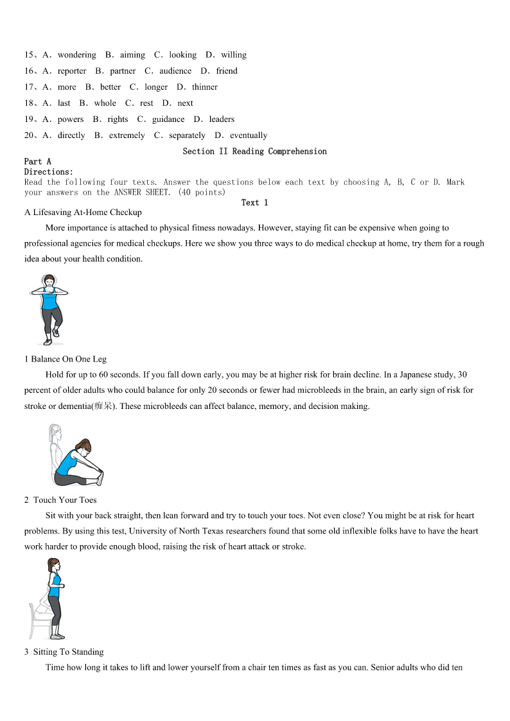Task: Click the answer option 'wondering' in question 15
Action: pyautogui.click(x=76, y=55)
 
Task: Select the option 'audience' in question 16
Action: pyautogui.click(x=175, y=71)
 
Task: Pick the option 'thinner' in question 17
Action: pyautogui.click(x=204, y=87)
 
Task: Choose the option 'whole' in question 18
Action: pyautogui.click(x=105, y=103)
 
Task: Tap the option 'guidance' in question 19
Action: pyautogui.click(x=168, y=119)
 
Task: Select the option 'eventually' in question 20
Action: pyautogui.click(x=248, y=135)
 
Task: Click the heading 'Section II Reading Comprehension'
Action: pyautogui.click(x=254, y=152)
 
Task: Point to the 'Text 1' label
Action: pyautogui.click(x=254, y=203)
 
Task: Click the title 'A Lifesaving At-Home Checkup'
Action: pyautogui.click(x=83, y=213)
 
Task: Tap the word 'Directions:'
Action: pyautogui.click(x=49, y=172)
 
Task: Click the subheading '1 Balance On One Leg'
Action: pyautogui.click(x=66, y=360)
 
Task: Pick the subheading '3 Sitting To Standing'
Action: pyautogui.click(x=64, y=652)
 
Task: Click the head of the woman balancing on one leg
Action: pyautogui.click(x=48, y=282)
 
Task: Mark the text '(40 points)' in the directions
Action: pyautogui.click(x=202, y=193)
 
